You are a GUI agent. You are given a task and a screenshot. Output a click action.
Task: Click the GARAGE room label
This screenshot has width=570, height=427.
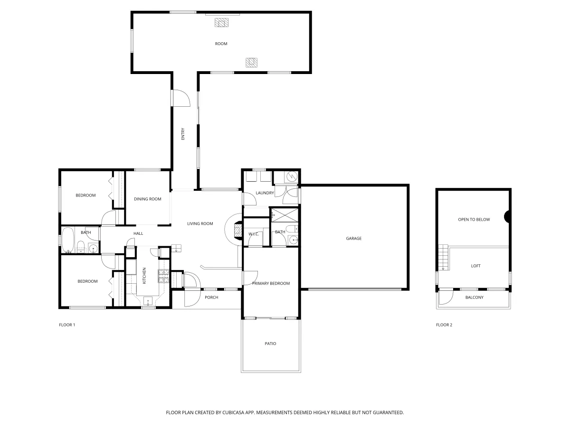(x=353, y=238)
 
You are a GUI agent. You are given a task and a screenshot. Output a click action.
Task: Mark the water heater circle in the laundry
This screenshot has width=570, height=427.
(x=291, y=177)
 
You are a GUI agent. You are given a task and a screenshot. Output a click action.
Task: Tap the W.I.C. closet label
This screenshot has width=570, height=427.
(x=253, y=234)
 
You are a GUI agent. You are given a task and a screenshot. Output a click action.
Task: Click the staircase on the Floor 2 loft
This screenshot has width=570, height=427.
(x=443, y=258)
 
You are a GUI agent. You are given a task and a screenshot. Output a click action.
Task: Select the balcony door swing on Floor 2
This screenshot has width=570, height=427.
(x=446, y=297)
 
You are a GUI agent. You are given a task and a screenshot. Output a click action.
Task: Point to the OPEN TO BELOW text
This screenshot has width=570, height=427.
(x=474, y=220)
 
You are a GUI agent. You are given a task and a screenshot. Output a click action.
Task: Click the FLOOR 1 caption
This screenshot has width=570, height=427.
(x=66, y=325)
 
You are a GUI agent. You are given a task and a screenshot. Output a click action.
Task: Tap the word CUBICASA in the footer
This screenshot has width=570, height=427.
(x=236, y=413)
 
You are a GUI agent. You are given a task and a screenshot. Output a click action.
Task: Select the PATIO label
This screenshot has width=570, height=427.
(x=270, y=343)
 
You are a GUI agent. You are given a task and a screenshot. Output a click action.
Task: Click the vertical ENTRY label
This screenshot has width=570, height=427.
(x=182, y=134)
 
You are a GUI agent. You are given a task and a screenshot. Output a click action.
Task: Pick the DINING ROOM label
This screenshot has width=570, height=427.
(x=148, y=199)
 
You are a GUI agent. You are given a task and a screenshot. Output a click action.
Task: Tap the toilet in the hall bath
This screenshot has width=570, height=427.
(x=80, y=247)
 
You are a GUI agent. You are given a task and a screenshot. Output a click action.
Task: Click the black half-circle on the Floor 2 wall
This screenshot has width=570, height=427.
(x=508, y=217)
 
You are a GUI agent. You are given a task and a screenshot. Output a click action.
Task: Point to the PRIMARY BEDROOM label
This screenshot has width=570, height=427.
(x=271, y=283)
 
